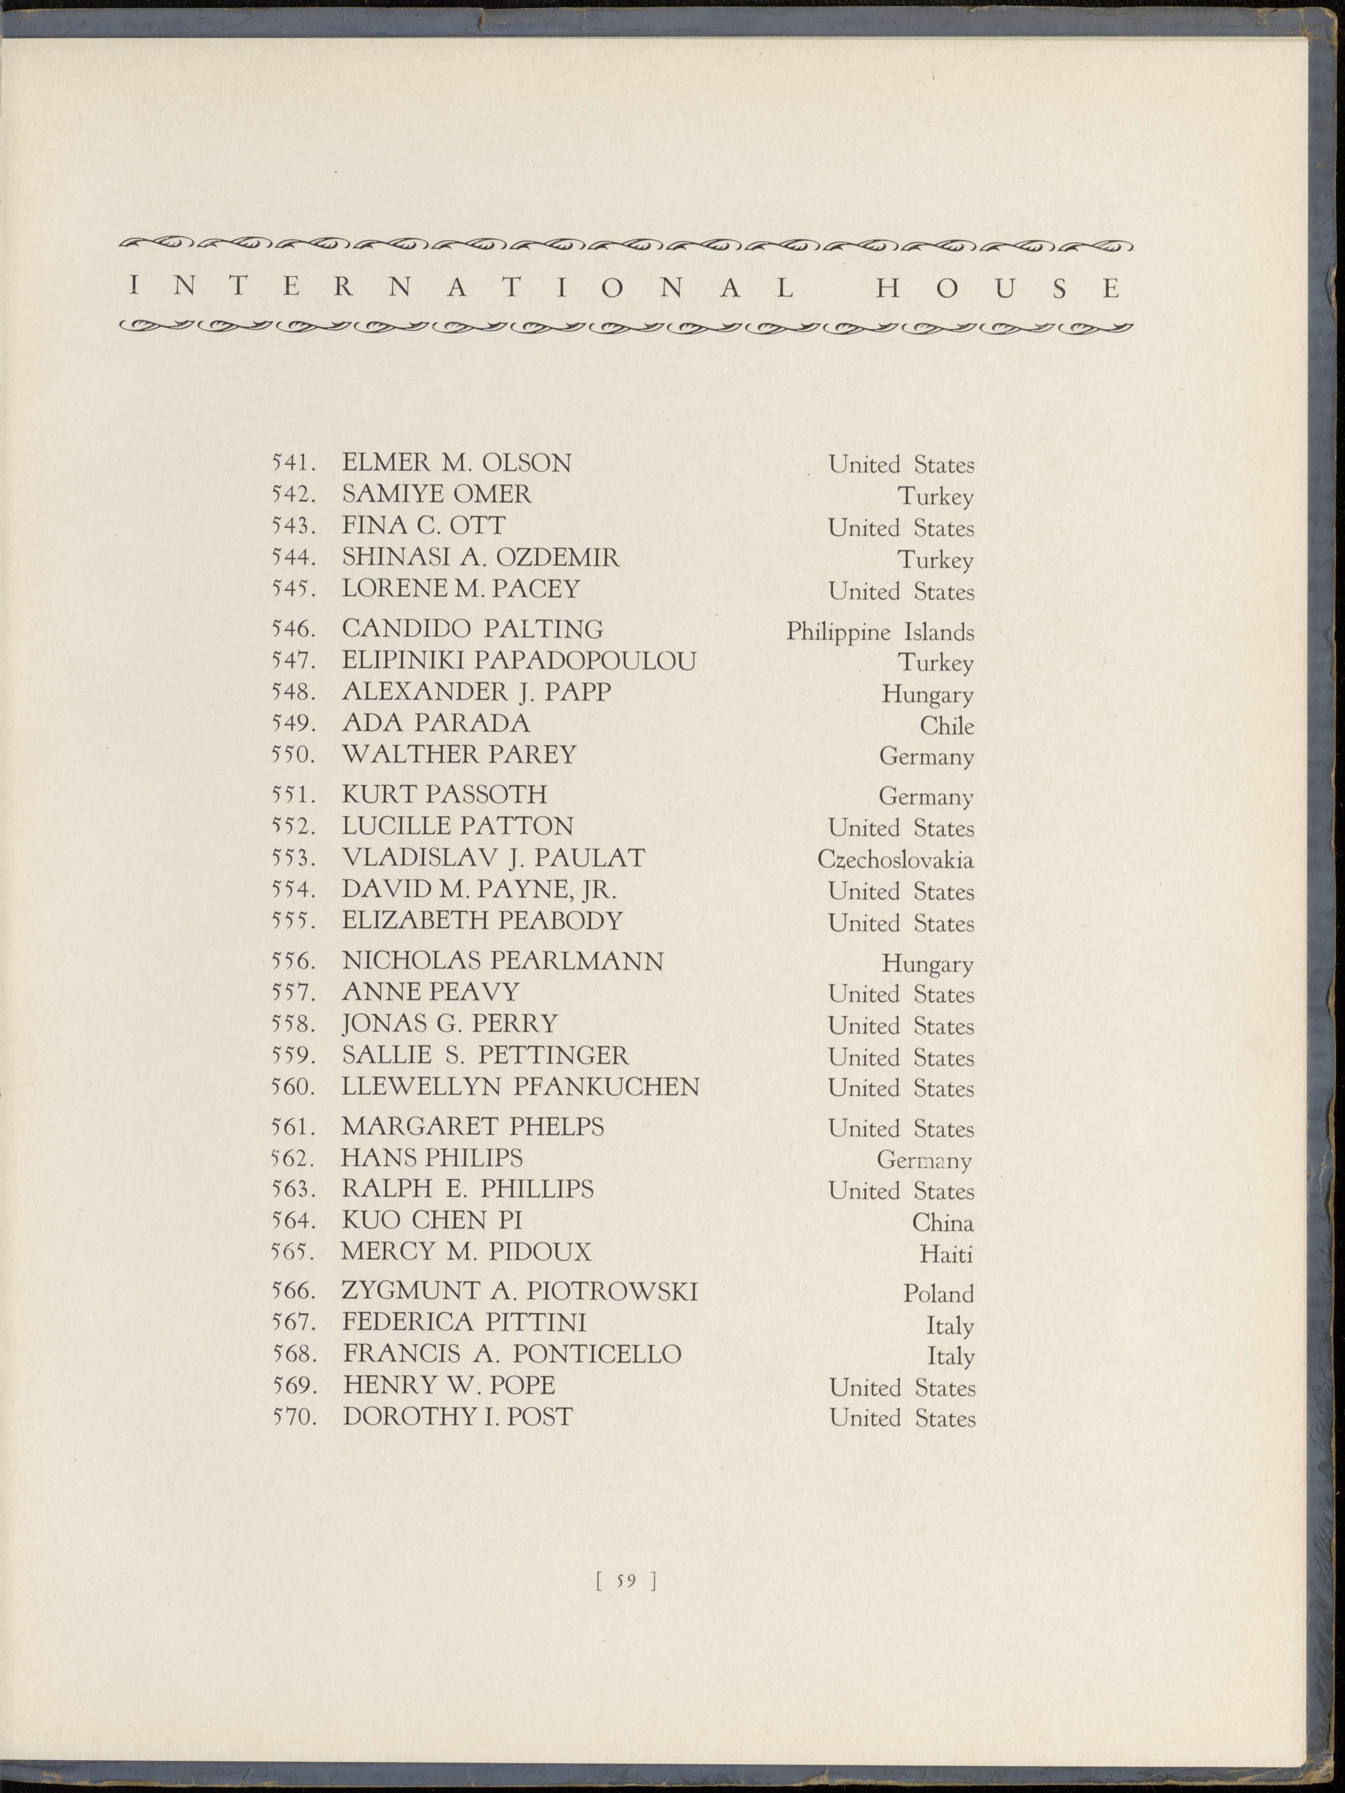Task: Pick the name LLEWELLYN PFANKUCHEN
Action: tap(520, 1086)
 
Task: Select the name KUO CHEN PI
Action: tap(432, 1220)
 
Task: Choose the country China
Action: tap(942, 1222)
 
